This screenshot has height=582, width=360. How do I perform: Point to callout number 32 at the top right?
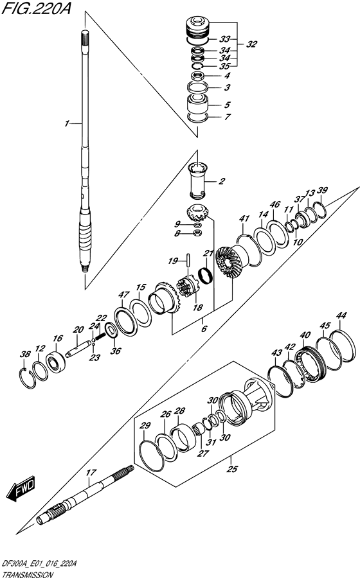coord(251,44)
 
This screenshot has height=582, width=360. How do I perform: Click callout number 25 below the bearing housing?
coord(231,470)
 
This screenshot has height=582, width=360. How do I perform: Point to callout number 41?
coord(244,220)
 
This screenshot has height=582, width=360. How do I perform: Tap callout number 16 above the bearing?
coord(58,339)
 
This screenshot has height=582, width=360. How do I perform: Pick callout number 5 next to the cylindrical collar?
coord(227,104)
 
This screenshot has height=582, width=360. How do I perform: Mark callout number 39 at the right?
coord(323,190)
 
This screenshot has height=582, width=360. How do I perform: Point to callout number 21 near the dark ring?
coord(208,253)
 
